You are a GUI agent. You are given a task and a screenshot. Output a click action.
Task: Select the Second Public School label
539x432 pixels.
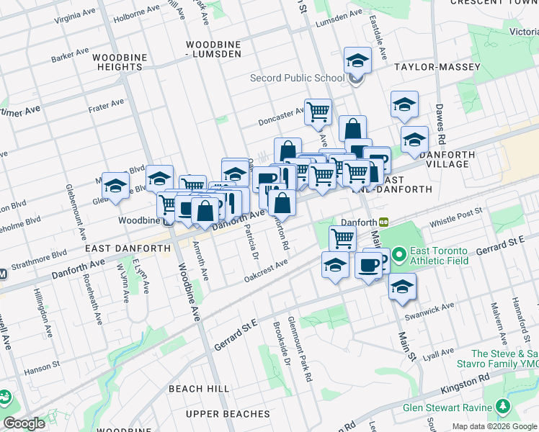pyautogui.click(x=297, y=78)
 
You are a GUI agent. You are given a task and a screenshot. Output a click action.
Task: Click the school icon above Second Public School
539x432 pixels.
pyautogui.click(x=357, y=60)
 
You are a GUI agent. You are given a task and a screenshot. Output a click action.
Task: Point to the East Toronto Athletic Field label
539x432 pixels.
pyautogui.click(x=439, y=255)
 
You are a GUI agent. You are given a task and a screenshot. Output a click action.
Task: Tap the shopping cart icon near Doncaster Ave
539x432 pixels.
pyautogui.click(x=318, y=112)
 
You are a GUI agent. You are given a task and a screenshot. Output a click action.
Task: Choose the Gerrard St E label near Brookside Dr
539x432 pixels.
pyautogui.click(x=236, y=335)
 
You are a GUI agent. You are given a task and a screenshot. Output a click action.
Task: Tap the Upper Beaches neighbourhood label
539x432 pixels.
pyautogui.click(x=227, y=414)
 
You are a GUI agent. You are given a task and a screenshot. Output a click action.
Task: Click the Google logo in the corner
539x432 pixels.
pyautogui.click(x=24, y=423)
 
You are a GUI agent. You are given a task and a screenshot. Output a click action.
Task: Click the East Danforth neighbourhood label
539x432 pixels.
pyautogui.click(x=128, y=248)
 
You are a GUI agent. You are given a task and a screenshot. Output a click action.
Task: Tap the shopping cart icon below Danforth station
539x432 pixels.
pyautogui.click(x=342, y=238)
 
